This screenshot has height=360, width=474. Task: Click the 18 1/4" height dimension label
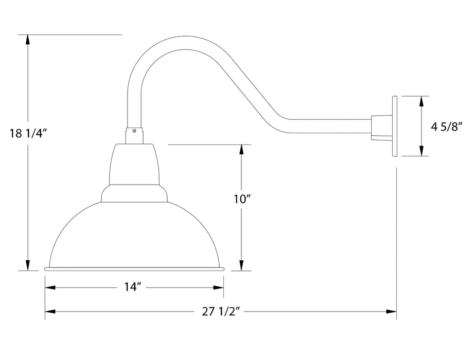(28, 134)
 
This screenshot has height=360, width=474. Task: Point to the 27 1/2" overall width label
(220, 311)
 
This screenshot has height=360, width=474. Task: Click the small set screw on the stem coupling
(134, 131)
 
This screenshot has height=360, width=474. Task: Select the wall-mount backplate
(395, 125)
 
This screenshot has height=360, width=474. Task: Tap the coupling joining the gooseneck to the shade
(134, 135)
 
